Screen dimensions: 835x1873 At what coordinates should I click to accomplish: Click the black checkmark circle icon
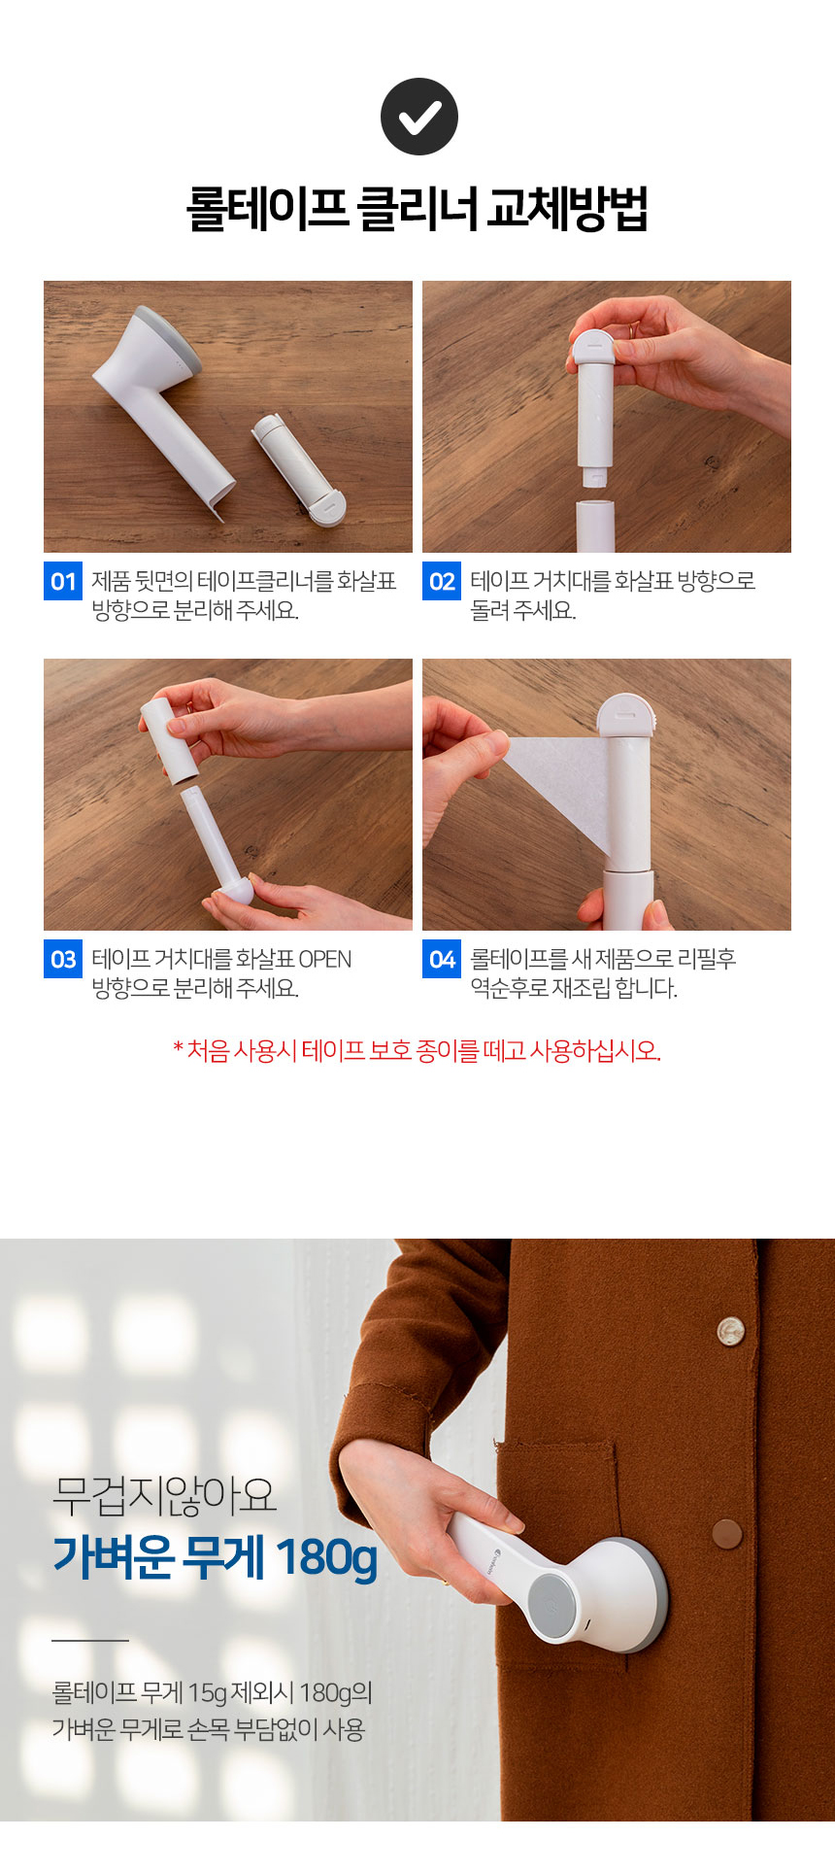click(x=418, y=117)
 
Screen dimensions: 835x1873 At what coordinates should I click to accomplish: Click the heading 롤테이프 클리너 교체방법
click(x=417, y=209)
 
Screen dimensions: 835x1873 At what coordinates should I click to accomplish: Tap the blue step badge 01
click(x=63, y=581)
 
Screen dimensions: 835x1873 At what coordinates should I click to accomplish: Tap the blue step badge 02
click(x=442, y=581)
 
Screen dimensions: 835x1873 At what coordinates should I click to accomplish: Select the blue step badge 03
click(x=63, y=959)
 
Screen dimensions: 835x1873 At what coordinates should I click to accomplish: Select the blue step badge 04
click(x=442, y=959)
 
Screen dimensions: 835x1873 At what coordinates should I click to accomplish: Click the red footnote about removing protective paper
click(x=417, y=1050)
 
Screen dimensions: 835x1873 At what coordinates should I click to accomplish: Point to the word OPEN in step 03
click(x=325, y=959)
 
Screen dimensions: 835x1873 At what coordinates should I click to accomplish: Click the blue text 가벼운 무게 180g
click(x=215, y=1556)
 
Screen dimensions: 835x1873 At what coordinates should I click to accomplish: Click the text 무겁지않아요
click(x=165, y=1495)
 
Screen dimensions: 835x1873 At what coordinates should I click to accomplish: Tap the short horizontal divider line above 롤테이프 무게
click(x=90, y=1641)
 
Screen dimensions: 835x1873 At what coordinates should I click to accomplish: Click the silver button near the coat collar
click(x=730, y=1330)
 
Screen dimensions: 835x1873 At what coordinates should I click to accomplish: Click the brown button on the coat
click(x=726, y=1533)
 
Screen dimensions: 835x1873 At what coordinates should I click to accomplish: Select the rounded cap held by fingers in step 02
click(x=592, y=348)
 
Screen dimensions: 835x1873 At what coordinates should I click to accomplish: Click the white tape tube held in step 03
click(x=169, y=739)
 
